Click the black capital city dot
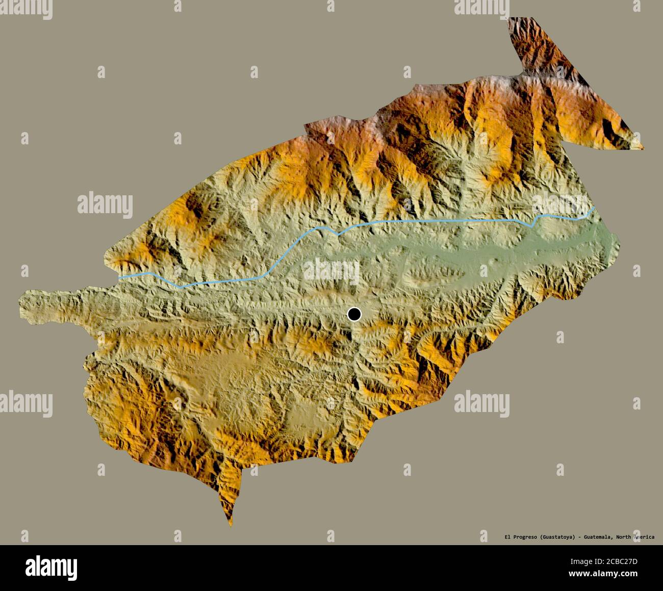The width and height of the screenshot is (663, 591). pos(354,314)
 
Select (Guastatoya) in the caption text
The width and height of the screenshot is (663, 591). pos(563,537)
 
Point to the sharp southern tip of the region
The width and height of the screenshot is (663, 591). pos(231,524)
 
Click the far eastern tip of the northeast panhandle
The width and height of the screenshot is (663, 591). pos(643,148)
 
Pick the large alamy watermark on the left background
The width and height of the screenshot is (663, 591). pos(105,204)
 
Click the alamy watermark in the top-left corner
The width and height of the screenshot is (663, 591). pos(25,6)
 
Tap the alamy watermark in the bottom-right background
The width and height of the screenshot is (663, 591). pos(481,401)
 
